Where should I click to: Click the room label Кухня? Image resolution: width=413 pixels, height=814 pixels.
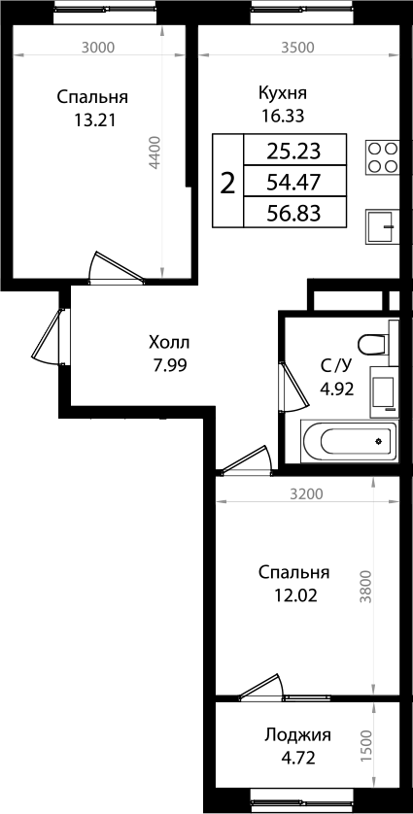click(283, 93)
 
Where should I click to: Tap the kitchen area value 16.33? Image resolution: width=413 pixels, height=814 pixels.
click(283, 115)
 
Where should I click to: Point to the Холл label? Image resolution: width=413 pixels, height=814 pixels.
click(170, 343)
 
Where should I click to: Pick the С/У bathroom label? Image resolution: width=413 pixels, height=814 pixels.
click(335, 366)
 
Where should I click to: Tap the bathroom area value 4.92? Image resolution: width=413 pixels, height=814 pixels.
click(335, 388)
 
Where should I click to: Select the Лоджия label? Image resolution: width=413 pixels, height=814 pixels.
click(297, 735)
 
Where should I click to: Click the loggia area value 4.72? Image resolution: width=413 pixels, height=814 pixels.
click(297, 758)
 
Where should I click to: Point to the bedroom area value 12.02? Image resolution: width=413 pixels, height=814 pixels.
click(296, 594)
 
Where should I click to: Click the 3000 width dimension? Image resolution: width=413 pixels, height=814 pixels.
click(99, 47)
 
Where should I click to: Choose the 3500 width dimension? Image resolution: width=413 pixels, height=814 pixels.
click(297, 47)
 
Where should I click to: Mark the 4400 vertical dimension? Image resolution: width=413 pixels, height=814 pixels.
click(155, 154)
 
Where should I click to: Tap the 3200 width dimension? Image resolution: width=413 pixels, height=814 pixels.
click(307, 493)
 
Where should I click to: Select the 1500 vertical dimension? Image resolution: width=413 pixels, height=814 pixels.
click(365, 745)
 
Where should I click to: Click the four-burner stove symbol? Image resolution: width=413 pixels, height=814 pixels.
click(382, 156)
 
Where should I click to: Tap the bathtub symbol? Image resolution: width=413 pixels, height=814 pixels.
click(349, 442)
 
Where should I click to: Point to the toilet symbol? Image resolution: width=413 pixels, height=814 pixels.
click(373, 345)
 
